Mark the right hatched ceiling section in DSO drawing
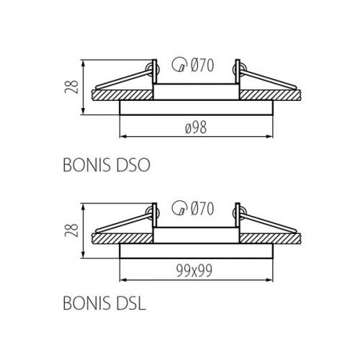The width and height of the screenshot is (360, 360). point(274,94)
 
